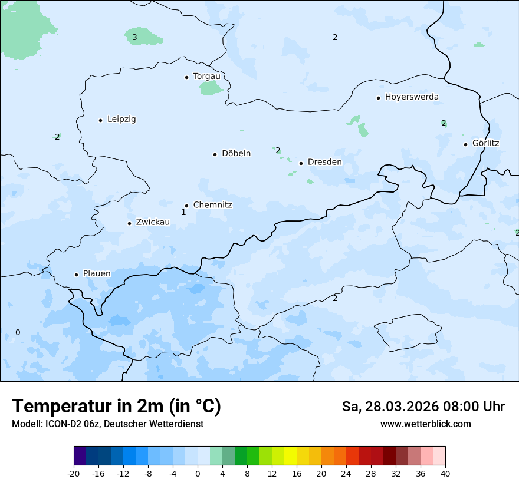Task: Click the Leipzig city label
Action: click(x=121, y=119)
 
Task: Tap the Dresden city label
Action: click(x=324, y=162)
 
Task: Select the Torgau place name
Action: click(x=206, y=76)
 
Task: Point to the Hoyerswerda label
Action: click(x=412, y=97)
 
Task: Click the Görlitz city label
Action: click(x=485, y=143)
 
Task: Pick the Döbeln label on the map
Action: click(x=236, y=153)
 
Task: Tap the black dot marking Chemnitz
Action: click(x=186, y=206)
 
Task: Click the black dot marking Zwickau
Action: click(x=129, y=223)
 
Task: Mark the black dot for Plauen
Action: click(x=76, y=275)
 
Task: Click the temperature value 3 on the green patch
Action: click(x=134, y=38)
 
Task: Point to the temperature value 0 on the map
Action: click(x=18, y=332)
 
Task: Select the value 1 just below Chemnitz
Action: click(x=183, y=212)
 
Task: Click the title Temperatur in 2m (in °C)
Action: click(x=116, y=406)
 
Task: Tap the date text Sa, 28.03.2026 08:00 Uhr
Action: click(x=423, y=407)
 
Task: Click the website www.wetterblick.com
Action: click(x=425, y=424)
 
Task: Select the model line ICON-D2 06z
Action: click(x=107, y=424)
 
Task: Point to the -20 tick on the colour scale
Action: click(x=74, y=473)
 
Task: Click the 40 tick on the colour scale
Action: click(x=445, y=473)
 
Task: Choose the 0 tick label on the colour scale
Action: click(x=198, y=473)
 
